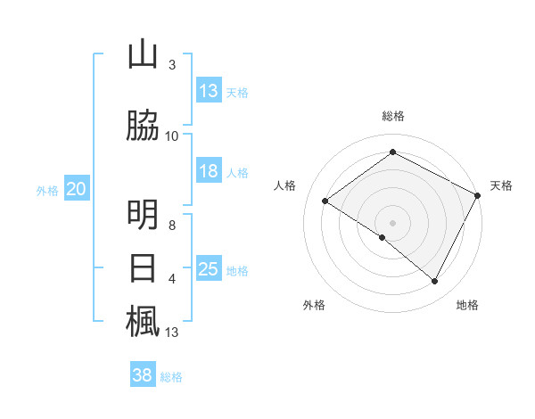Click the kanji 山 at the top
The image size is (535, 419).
click(x=143, y=54)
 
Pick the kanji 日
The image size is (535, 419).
click(x=143, y=268)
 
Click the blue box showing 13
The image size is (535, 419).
click(x=209, y=91)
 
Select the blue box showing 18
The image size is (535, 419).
click(x=209, y=172)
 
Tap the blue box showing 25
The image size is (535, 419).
click(x=209, y=269)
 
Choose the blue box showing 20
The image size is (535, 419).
click(x=77, y=189)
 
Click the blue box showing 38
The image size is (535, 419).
click(x=143, y=375)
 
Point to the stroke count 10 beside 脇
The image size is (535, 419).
click(x=171, y=136)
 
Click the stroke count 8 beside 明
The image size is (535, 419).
click(x=172, y=226)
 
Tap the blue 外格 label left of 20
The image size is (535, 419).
click(x=47, y=190)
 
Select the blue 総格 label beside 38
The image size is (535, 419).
click(x=171, y=376)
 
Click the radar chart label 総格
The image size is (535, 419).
click(x=392, y=116)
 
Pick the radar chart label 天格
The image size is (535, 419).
click(x=501, y=185)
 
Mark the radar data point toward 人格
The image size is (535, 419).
click(x=325, y=201)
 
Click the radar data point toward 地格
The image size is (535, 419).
click(x=434, y=281)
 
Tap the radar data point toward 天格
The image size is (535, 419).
click(x=478, y=194)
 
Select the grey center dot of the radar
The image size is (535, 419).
click(x=392, y=222)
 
